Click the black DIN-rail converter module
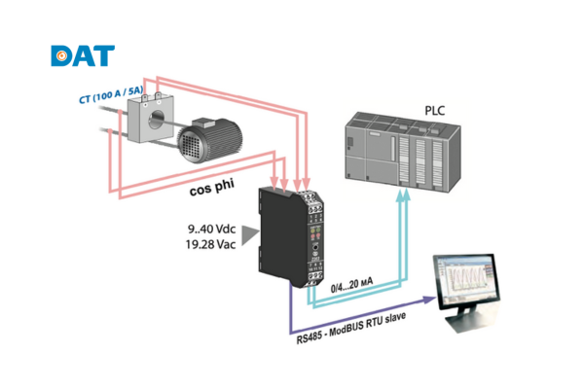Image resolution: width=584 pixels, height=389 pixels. click(290, 233)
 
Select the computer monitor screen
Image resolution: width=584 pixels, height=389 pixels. click(470, 281)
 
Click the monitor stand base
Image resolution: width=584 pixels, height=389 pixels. click(467, 328)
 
